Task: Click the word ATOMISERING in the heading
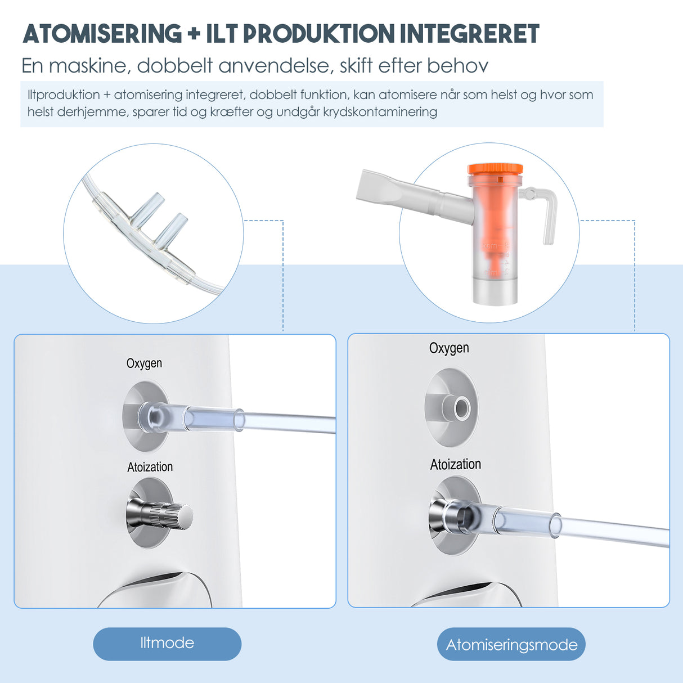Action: pyautogui.click(x=102, y=34)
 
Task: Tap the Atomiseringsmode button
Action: pyautogui.click(x=511, y=644)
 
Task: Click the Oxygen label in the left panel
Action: pyautogui.click(x=144, y=363)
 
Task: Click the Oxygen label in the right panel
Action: pyautogui.click(x=449, y=348)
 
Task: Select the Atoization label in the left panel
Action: pyautogui.click(x=150, y=467)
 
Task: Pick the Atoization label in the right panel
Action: pyautogui.click(x=456, y=464)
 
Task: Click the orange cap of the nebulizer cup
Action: pyautogui.click(x=495, y=169)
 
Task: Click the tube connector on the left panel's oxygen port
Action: pyautogui.click(x=191, y=418)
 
